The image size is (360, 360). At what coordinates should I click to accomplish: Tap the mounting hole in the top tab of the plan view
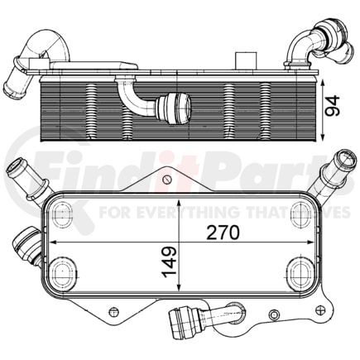coord(166,178)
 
